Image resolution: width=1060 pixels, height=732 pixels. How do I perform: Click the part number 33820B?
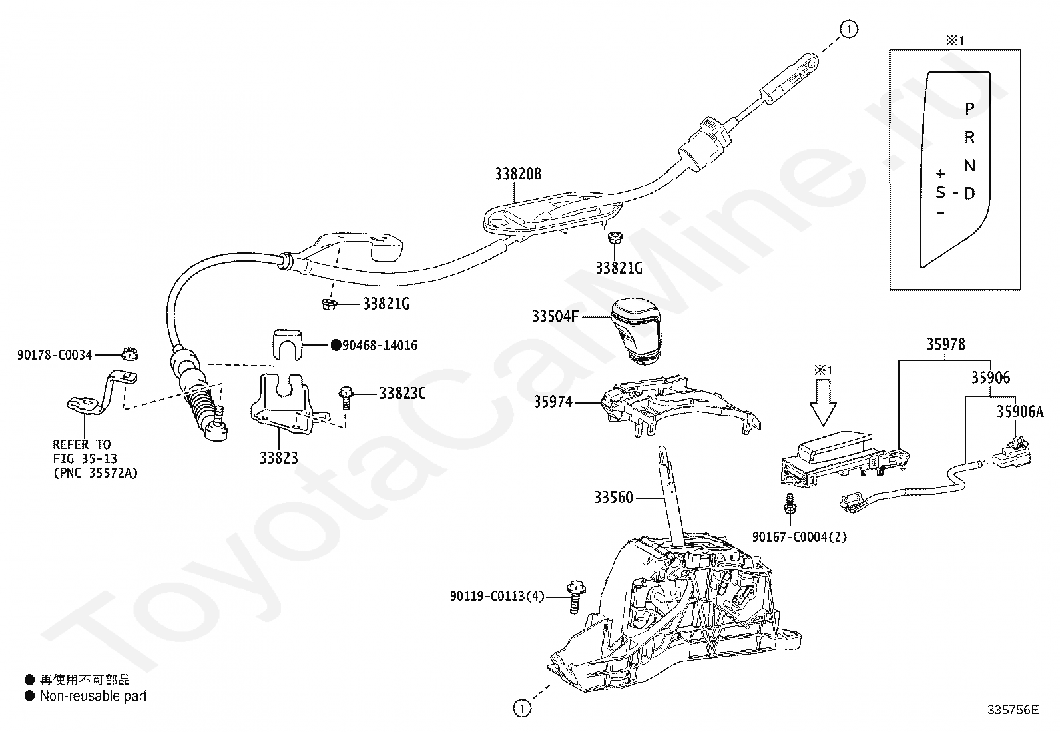coord(518,174)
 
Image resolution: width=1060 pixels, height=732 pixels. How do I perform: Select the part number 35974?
coord(553,402)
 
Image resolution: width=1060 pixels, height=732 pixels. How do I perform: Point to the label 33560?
coord(613,497)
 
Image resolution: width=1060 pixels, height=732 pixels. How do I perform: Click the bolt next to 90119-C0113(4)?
coord(575,597)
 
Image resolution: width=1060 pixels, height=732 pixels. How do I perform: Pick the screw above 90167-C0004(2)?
coord(790,504)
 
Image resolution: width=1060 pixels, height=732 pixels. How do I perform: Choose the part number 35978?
coord(945,344)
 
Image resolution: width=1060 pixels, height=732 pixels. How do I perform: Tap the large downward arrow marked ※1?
coord(823,403)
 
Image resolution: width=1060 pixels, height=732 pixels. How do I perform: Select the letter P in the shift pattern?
coord(969,109)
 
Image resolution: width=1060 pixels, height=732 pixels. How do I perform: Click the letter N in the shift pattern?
coord(969,165)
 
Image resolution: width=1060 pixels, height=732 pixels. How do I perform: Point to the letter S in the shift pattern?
coord(940,192)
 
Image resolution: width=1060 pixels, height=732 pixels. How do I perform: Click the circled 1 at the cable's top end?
coord(848,29)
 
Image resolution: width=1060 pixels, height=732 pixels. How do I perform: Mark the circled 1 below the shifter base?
coord(522,709)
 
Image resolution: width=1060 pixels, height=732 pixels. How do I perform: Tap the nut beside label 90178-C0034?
coord(130,354)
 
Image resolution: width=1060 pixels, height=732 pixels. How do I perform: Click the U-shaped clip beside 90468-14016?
coord(287,345)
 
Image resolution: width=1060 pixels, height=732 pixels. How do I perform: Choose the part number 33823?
coord(279,458)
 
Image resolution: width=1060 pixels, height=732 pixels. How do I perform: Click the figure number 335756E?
coord(1013,710)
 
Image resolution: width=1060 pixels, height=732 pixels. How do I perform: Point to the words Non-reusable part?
coord(93,695)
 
